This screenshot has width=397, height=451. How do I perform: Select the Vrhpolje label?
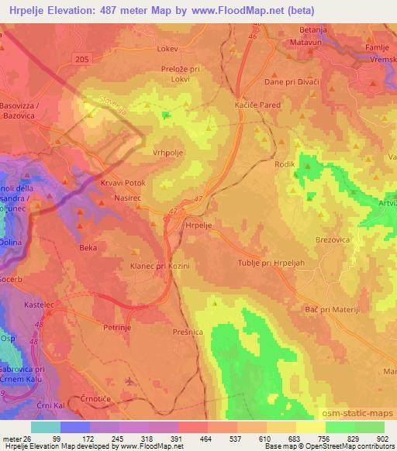[x=167, y=153]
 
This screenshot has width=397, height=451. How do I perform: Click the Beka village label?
[x=88, y=248]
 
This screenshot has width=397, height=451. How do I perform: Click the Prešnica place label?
[x=188, y=331]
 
